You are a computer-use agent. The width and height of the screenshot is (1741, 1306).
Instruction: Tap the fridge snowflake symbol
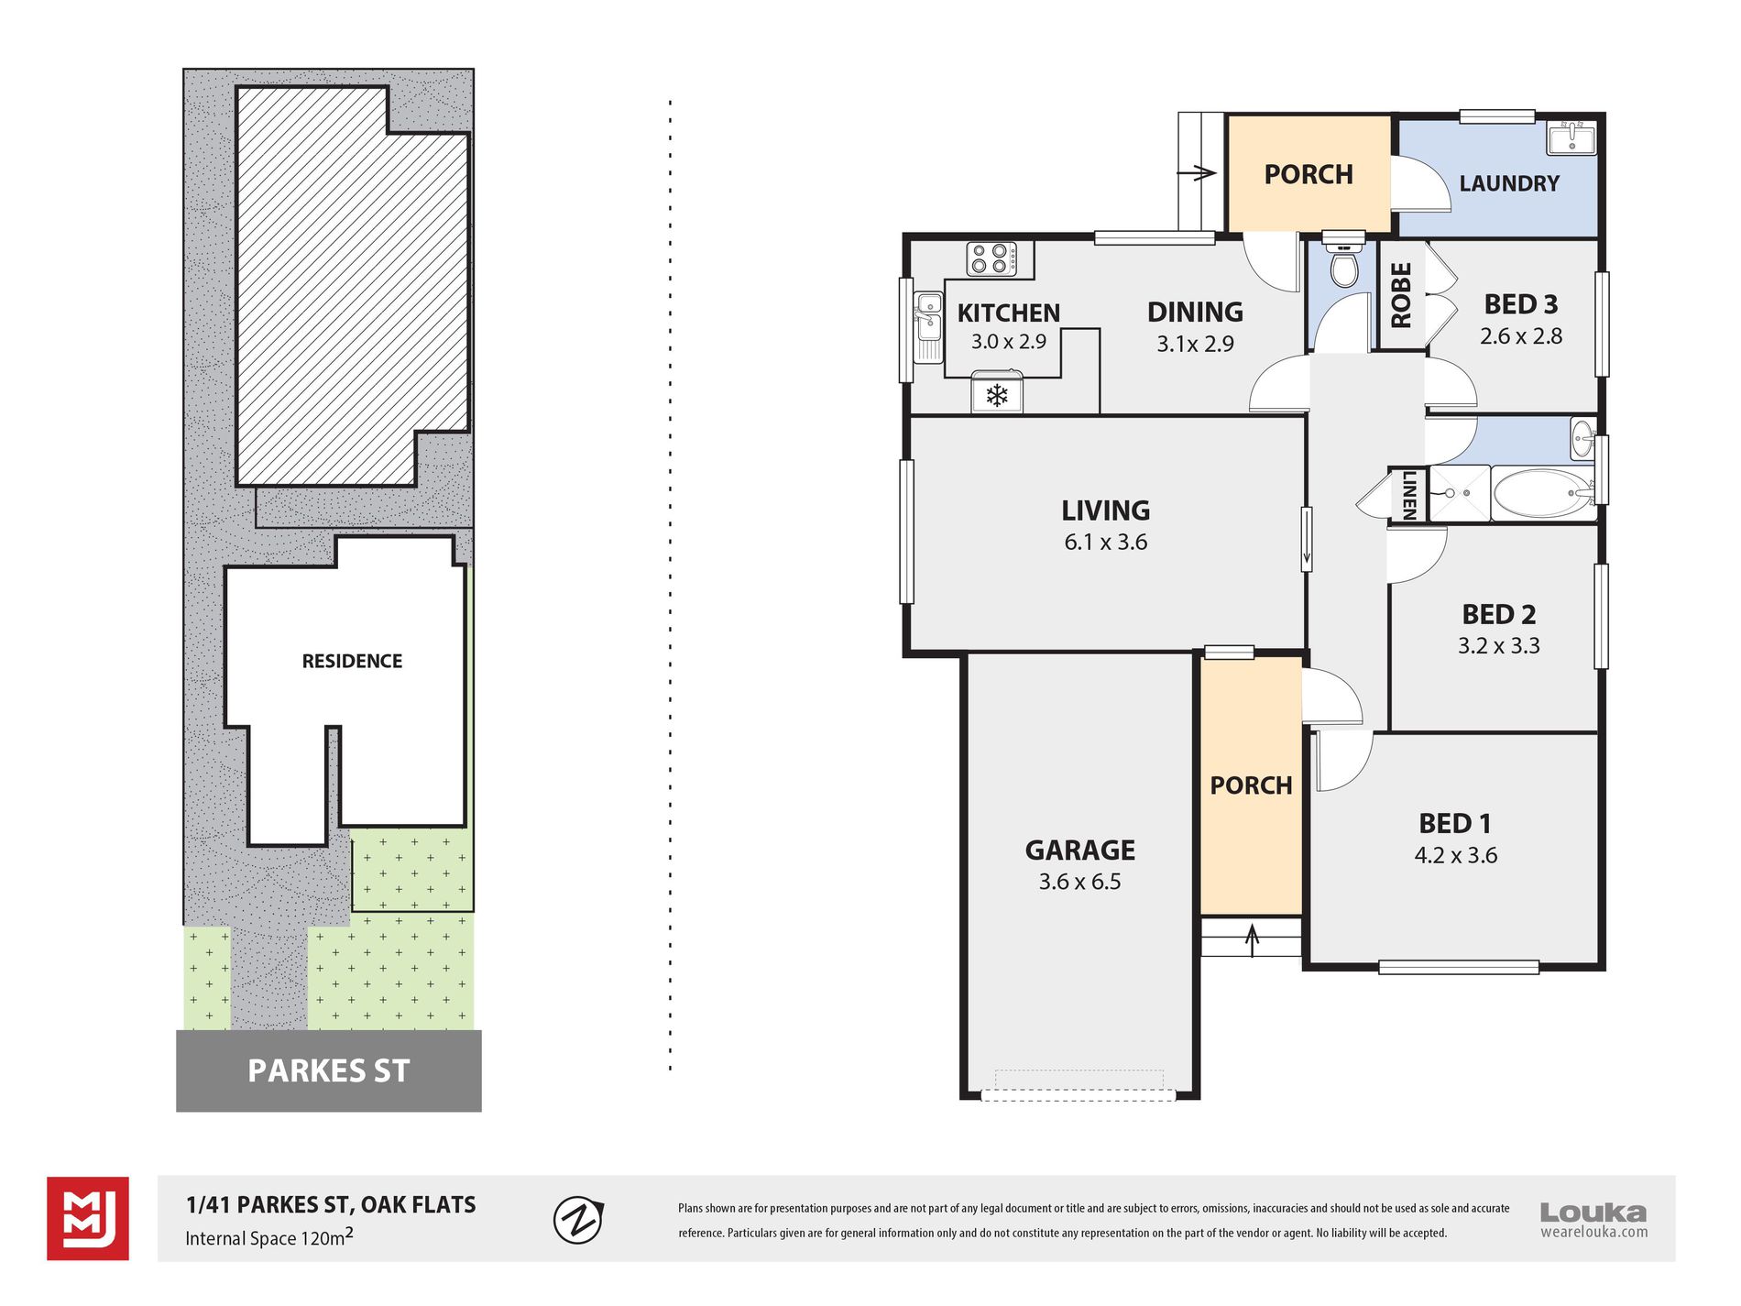(x=997, y=395)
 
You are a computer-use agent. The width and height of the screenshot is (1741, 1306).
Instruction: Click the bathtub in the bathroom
(x=1543, y=494)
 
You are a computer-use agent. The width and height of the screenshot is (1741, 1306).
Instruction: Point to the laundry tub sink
(x=1571, y=138)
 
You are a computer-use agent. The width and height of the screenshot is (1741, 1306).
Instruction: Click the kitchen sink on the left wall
(x=928, y=326)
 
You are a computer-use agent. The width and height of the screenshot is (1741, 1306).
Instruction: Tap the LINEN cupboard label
(x=1408, y=495)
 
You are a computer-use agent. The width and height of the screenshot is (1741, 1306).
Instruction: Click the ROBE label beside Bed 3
(x=1401, y=295)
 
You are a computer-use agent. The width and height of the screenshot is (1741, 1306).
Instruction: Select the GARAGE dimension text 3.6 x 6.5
(x=1079, y=882)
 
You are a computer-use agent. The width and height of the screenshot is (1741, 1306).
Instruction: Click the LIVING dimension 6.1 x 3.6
(x=1105, y=542)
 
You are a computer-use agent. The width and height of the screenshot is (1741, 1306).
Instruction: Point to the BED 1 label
(x=1454, y=823)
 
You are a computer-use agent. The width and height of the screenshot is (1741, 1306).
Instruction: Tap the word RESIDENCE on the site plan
(x=352, y=661)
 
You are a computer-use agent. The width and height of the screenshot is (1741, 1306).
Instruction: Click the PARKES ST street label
(x=328, y=1070)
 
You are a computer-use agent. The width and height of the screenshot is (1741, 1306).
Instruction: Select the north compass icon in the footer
(x=578, y=1219)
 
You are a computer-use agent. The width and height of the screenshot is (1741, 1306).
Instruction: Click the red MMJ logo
(x=88, y=1219)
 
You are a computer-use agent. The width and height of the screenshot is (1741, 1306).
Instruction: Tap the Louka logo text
(x=1593, y=1213)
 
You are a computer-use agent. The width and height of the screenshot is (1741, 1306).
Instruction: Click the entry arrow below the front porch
(x=1252, y=939)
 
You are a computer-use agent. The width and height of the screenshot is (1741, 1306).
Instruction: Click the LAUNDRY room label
(x=1509, y=183)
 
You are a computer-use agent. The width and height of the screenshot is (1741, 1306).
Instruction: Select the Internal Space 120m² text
(x=269, y=1237)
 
